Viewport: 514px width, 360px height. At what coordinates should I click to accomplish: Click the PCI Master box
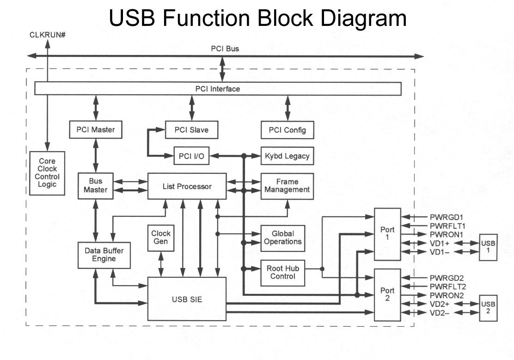pyautogui.click(x=96, y=130)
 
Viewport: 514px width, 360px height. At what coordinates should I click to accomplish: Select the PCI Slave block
pyautogui.click(x=191, y=130)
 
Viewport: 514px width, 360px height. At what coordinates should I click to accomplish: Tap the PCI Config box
pyautogui.click(x=287, y=130)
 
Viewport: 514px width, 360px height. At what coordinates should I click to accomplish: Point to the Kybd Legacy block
pyautogui.click(x=287, y=156)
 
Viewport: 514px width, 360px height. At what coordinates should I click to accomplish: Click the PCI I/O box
pyautogui.click(x=191, y=156)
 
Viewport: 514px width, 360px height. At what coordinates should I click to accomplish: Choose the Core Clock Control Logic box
pyautogui.click(x=47, y=173)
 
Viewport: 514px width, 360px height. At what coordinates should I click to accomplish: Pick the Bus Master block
pyautogui.click(x=96, y=186)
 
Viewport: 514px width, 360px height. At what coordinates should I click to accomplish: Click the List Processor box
pyautogui.click(x=187, y=186)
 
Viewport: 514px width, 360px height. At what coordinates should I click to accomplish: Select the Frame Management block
pyautogui.click(x=287, y=186)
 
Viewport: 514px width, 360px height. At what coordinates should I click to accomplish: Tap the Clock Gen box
pyautogui.click(x=161, y=238)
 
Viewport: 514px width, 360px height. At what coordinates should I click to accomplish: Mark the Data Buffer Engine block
pyautogui.click(x=104, y=255)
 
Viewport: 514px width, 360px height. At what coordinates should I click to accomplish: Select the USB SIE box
pyautogui.click(x=187, y=299)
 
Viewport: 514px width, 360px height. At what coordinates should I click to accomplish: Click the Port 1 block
pyautogui.click(x=387, y=233)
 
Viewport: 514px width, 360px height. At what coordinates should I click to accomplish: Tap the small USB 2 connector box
pyautogui.click(x=488, y=307)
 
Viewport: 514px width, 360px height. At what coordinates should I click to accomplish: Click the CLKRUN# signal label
pyautogui.click(x=47, y=35)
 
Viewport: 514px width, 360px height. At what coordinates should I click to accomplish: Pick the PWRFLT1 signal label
pyautogui.click(x=447, y=226)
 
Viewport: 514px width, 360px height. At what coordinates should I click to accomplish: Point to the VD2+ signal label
pyautogui.click(x=440, y=304)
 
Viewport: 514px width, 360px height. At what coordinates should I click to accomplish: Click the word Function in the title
pyautogui.click(x=220, y=18)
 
